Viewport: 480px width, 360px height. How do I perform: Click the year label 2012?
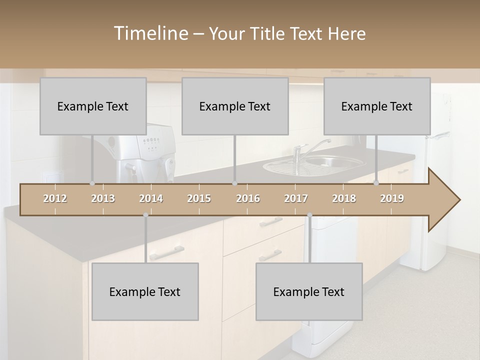coord(55,199)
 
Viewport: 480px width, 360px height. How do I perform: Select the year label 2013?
coord(103,199)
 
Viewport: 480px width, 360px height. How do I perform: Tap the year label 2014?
coord(151,199)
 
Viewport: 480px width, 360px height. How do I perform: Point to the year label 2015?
coord(199,199)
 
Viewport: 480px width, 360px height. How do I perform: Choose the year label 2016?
coord(248,199)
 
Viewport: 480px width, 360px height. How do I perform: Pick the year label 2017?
coord(296,199)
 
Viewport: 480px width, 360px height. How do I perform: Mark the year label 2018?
coord(344,199)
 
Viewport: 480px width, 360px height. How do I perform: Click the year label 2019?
coord(392,199)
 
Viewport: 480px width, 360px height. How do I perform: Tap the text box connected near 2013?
coord(93,106)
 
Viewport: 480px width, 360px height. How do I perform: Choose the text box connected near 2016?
coord(235,106)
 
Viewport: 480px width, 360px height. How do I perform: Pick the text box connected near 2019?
coord(377,106)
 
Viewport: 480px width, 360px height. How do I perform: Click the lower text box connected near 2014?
coord(145,292)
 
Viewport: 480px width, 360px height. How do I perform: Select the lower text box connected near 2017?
coord(309,292)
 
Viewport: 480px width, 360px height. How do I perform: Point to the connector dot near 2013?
coord(92,183)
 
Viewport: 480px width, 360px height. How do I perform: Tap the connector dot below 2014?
coord(145,215)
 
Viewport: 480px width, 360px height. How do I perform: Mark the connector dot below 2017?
coord(309,215)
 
